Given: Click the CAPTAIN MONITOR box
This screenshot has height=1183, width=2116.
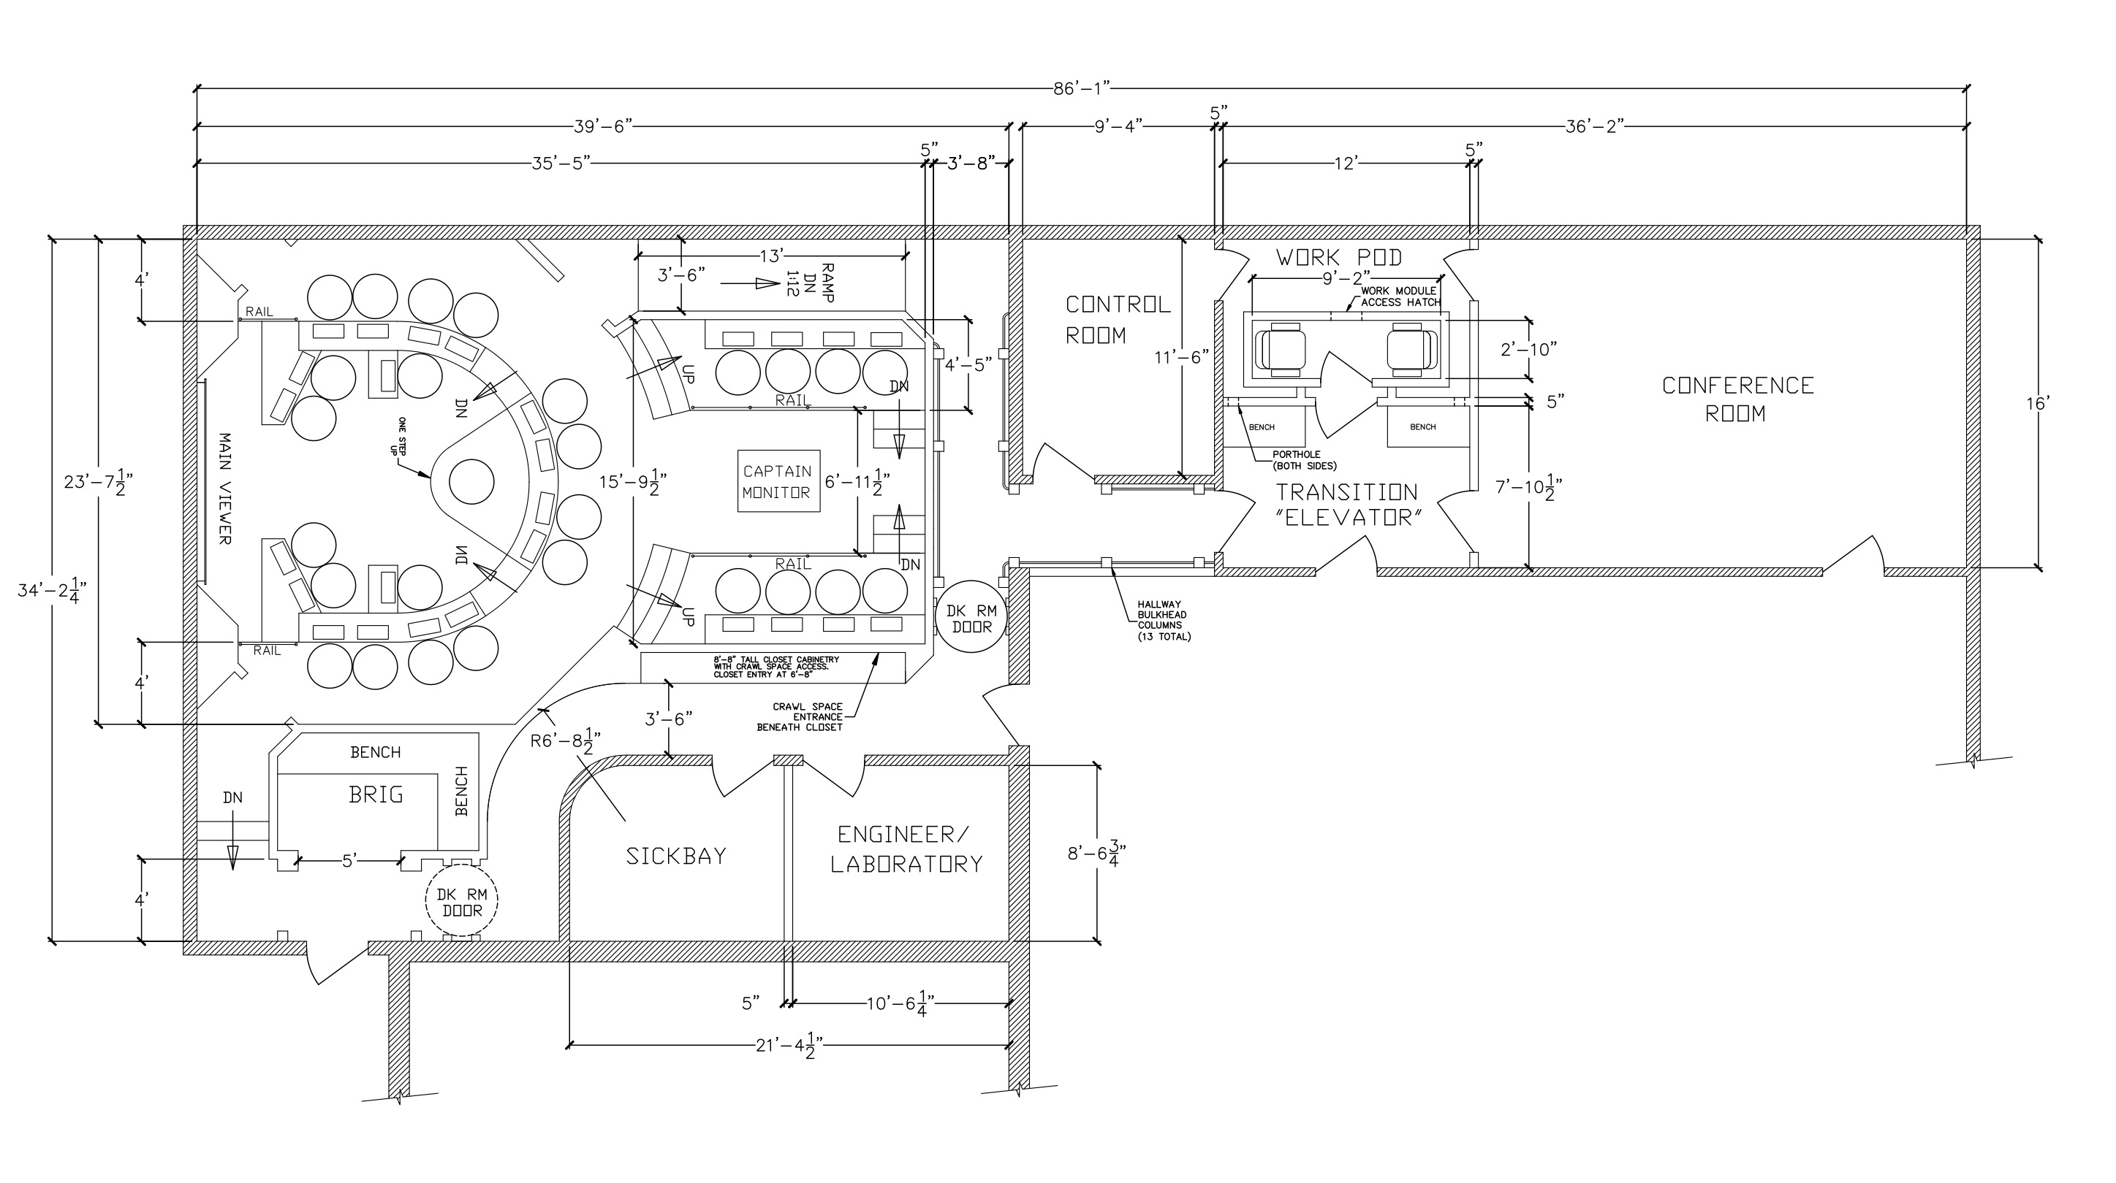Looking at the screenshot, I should click(778, 481).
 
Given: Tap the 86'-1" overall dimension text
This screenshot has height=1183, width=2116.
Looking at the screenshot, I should click(1082, 88).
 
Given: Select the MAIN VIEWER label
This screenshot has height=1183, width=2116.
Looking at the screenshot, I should click(224, 489).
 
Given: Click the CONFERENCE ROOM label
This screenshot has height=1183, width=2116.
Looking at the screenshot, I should click(1737, 399).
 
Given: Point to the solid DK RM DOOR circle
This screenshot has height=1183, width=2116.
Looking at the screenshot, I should click(971, 616).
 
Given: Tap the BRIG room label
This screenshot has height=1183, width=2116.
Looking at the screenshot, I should click(376, 795).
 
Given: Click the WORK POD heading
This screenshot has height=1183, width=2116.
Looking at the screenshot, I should click(1339, 257).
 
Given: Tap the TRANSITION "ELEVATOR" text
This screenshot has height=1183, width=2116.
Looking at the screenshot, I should click(1346, 504).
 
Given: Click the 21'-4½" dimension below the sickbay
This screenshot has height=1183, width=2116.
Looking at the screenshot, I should click(789, 1046).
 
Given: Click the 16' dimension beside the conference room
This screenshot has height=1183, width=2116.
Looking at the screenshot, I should click(2039, 403).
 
